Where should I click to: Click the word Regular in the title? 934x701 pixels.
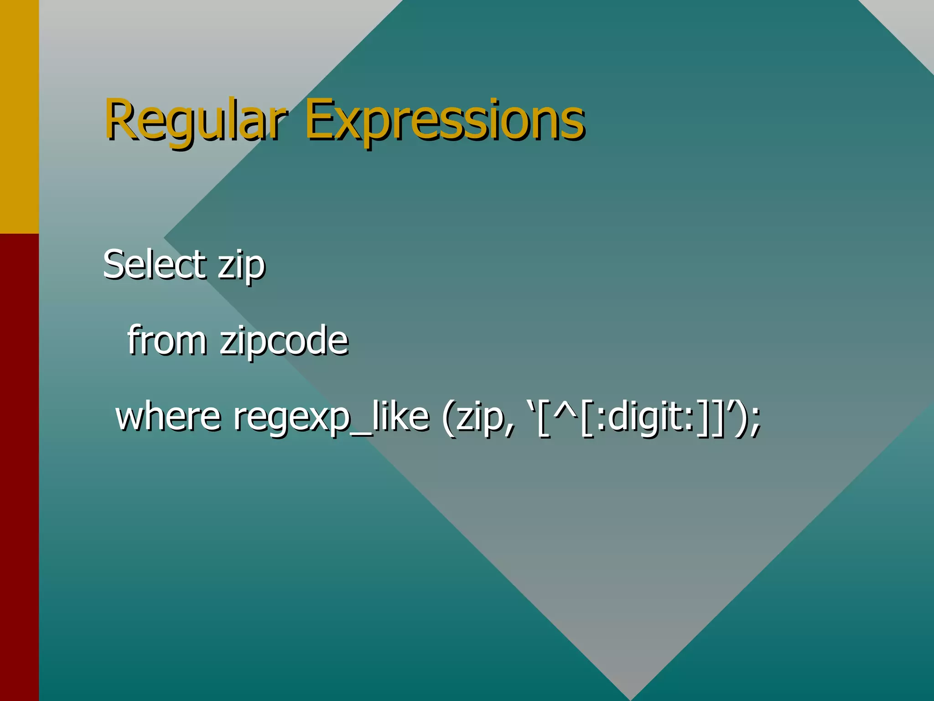[x=196, y=120]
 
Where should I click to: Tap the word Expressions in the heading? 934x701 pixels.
[x=445, y=120]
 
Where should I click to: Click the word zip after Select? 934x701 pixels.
[x=241, y=266]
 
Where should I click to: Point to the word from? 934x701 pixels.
[x=166, y=340]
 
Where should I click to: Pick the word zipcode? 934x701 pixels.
[x=284, y=341]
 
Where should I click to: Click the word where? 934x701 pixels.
[x=168, y=416]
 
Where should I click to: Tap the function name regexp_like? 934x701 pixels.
[x=331, y=418]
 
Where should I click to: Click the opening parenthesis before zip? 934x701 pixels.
[x=449, y=418]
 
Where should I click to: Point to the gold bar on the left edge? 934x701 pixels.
[x=19, y=116]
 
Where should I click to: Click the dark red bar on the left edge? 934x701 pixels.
[x=19, y=466]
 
